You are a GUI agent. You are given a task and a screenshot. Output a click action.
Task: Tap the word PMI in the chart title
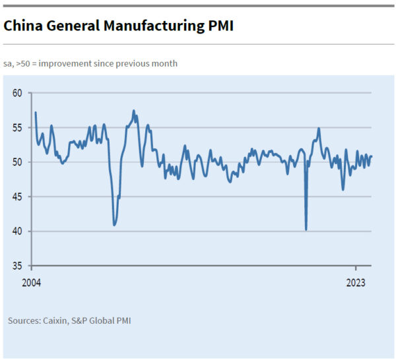pyautogui.click(x=218, y=26)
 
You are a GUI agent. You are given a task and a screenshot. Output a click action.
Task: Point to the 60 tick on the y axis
pyautogui.click(x=18, y=93)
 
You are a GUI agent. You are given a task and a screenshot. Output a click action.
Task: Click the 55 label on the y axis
pyautogui.click(x=18, y=127)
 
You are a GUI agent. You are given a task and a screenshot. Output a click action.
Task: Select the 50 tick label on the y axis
pyautogui.click(x=18, y=162)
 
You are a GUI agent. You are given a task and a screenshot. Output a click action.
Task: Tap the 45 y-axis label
pyautogui.click(x=18, y=196)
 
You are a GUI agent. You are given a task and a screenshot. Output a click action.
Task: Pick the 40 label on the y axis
pyautogui.click(x=18, y=231)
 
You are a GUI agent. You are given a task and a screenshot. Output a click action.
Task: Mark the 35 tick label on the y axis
pyautogui.click(x=18, y=266)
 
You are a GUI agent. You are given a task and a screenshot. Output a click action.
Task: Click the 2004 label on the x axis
pyautogui.click(x=31, y=283)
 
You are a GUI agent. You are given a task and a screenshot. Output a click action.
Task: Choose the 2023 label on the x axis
pyautogui.click(x=356, y=283)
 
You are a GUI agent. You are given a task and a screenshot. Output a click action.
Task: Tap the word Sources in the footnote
pyautogui.click(x=24, y=321)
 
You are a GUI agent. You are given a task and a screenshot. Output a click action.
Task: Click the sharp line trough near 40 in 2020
pyautogui.click(x=306, y=229)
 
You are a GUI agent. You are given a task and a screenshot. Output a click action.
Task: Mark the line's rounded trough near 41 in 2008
pyautogui.click(x=115, y=225)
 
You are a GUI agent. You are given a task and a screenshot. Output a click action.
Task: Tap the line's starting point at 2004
pyautogui.click(x=35, y=113)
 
